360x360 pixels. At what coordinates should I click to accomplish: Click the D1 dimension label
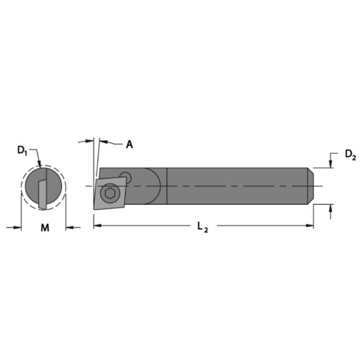tap(21, 151)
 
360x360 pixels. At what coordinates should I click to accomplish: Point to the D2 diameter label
tap(350, 155)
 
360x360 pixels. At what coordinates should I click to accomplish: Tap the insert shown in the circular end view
tap(43, 190)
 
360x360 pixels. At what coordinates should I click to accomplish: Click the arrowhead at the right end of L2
tap(309, 226)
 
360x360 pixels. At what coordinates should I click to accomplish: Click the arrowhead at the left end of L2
tap(98, 226)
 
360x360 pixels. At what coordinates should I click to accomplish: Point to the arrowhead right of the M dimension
tap(70, 227)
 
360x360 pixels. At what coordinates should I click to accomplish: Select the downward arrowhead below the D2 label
tap(331, 164)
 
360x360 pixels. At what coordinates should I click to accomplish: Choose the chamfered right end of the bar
tap(311, 186)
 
